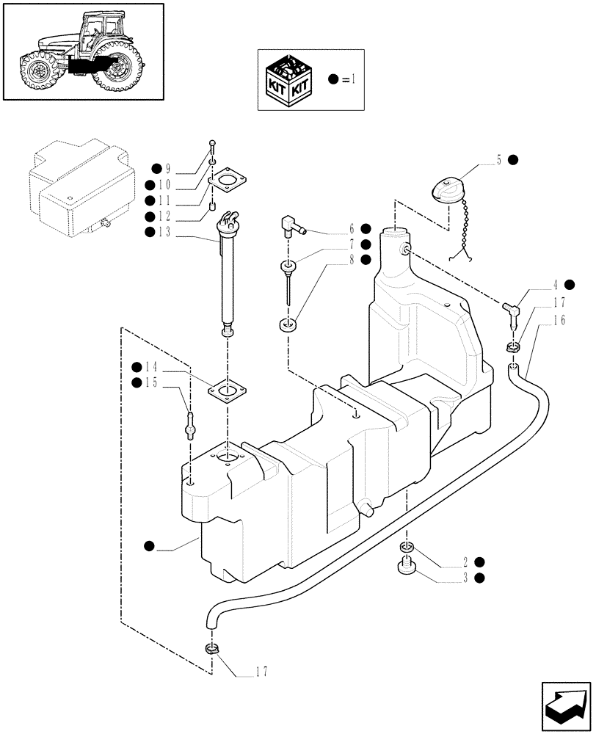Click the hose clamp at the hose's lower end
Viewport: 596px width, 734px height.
[211, 648]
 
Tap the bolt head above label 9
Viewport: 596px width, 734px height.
[212, 143]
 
